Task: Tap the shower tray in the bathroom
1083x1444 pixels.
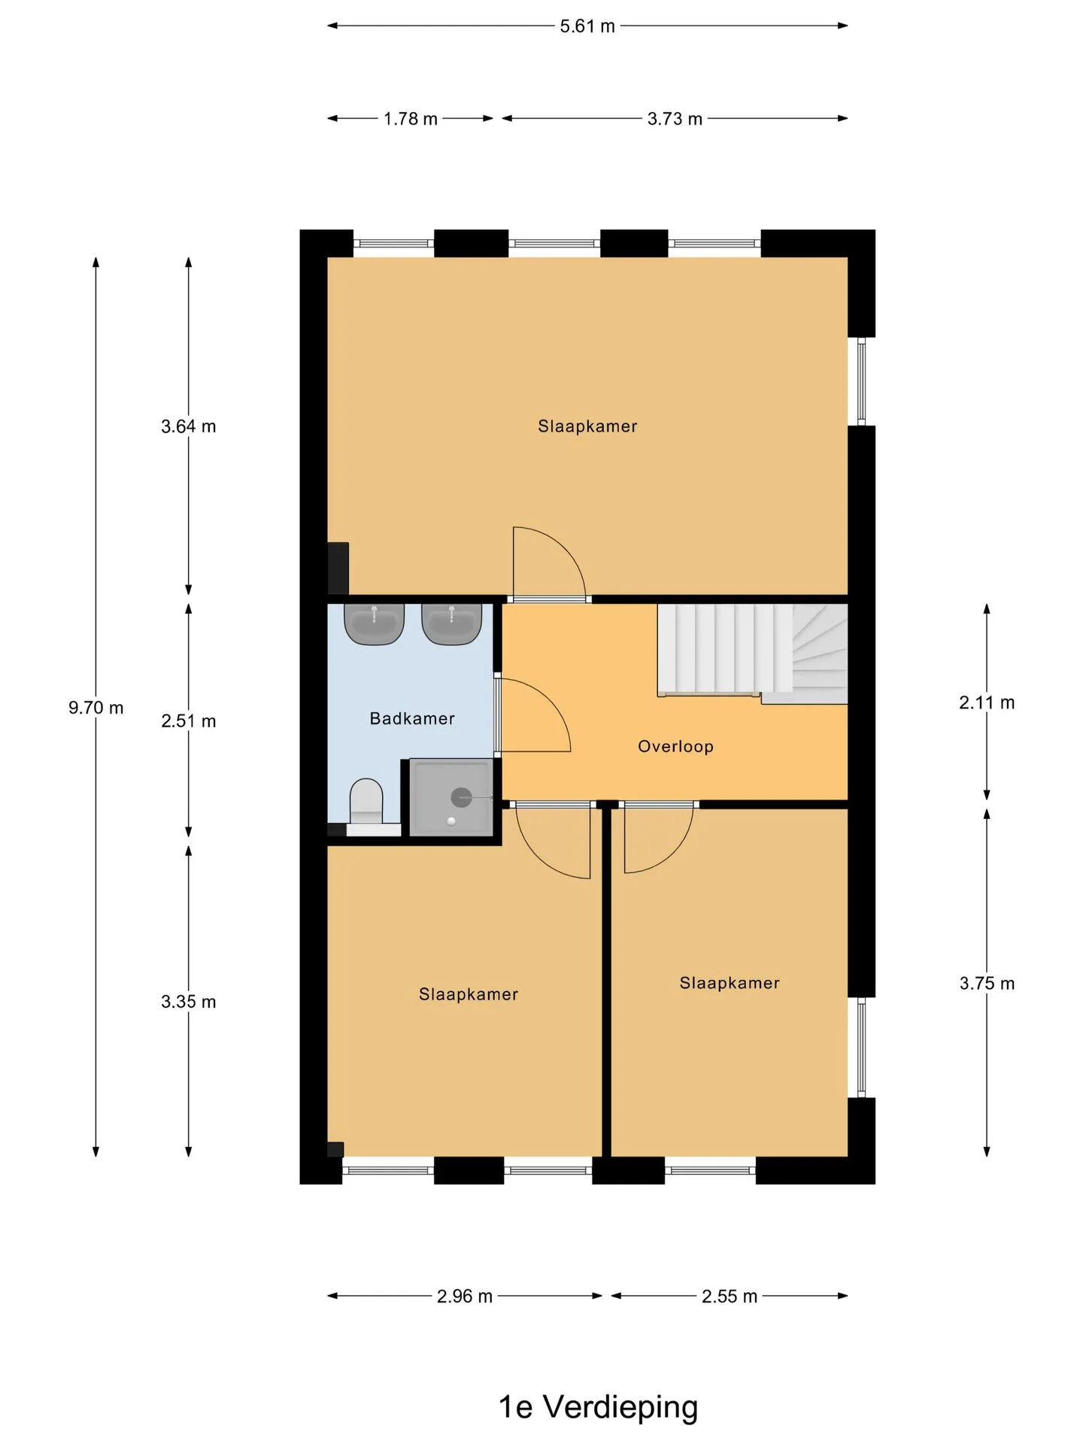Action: coord(451,796)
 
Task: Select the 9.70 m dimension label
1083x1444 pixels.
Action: coord(96,708)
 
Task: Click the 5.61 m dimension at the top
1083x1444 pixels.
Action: coord(587,26)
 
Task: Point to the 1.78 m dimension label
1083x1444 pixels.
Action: coord(411,119)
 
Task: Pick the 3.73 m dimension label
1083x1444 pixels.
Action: coord(675,119)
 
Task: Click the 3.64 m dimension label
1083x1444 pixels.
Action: coord(189,426)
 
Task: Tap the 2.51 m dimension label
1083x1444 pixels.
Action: coord(189,721)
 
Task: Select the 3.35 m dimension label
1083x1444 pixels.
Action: coord(189,1002)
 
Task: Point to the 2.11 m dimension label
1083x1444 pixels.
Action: coord(987,702)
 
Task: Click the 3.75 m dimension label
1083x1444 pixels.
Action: coord(987,984)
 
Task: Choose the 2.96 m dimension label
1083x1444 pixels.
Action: coord(465,1297)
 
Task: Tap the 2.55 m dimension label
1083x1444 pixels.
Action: coord(730,1297)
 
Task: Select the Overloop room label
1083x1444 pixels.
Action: coord(675,747)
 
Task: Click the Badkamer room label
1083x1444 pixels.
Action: coord(412,719)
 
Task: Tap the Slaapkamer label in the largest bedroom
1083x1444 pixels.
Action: coord(587,426)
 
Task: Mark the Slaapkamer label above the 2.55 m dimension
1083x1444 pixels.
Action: coord(730,983)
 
